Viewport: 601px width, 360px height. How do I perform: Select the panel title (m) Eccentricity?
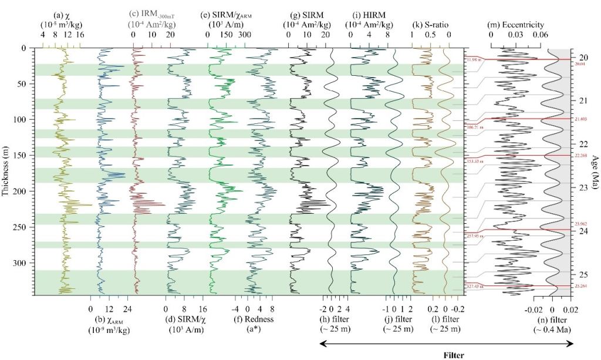516,25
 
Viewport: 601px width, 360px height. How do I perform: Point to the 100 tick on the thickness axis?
26,120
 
